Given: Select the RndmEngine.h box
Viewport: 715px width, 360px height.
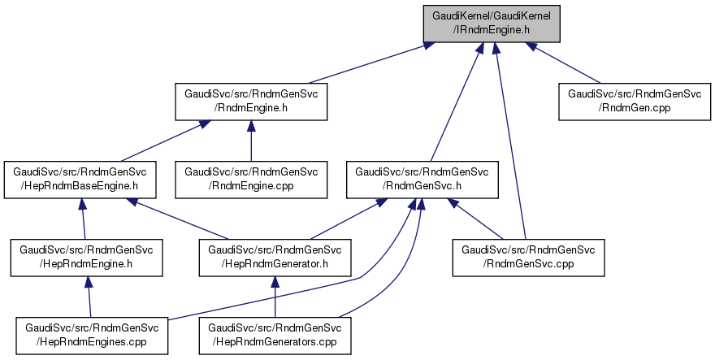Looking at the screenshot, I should pos(251,101).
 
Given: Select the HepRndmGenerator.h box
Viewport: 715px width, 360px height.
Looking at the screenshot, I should pos(275,257).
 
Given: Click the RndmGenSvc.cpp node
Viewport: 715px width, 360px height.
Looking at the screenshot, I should pos(529,257).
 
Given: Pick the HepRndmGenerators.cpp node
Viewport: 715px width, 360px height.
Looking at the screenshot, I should pos(275,335).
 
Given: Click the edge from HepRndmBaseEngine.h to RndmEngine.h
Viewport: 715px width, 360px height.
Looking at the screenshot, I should pos(162,140).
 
